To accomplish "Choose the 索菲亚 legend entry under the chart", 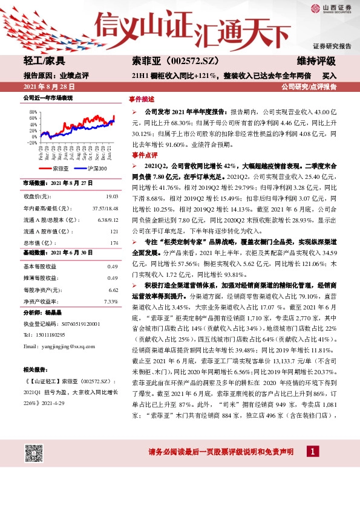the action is (58, 168).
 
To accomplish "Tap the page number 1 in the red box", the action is (312, 452).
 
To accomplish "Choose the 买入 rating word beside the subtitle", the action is (330, 76).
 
